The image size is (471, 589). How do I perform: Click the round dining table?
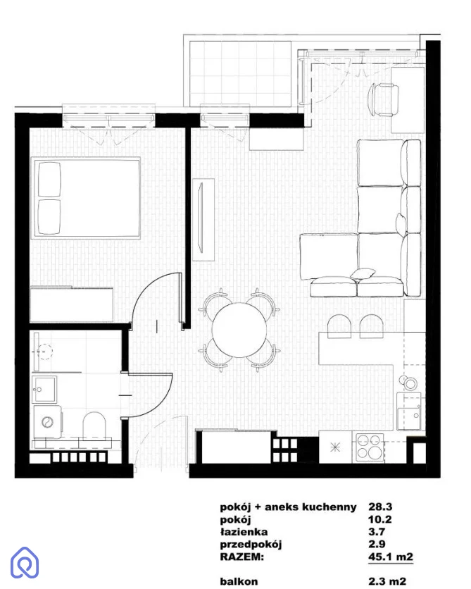pos(239,330)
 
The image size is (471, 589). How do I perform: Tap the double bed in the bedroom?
pos(87,198)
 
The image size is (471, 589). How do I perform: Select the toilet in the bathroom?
pos(94,426)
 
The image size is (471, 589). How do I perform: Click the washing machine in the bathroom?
pos(48,421)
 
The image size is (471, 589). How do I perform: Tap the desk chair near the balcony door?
pos(383,99)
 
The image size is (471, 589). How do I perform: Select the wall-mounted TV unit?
pos(203,219)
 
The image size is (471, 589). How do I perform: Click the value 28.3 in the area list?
pos(380,507)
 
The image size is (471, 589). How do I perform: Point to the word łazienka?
pos(244,532)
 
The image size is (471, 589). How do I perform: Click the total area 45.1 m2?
pos(391,557)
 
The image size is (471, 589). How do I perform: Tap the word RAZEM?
pos(241,557)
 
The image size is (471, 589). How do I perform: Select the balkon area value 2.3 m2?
pos(387,581)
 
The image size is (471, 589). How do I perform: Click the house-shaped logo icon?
pos(25,562)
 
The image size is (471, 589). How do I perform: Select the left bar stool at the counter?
pos(339,326)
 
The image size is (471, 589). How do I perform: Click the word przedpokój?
pos(251,545)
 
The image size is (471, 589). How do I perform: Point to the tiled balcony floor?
pos(240,74)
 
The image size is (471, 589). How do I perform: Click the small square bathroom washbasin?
pos(44,389)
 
